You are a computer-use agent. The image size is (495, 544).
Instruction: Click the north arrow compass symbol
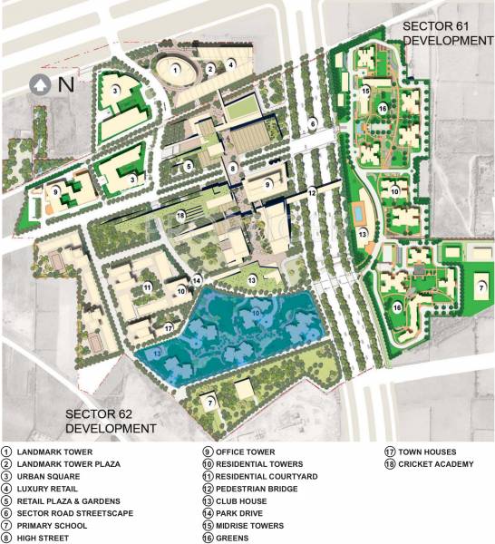[40, 85]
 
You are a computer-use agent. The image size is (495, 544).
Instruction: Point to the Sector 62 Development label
[110, 421]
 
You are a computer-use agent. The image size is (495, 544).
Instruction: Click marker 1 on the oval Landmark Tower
[175, 68]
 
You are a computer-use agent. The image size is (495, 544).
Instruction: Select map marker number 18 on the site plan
[181, 215]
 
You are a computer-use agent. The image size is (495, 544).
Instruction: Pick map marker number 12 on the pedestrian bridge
[312, 192]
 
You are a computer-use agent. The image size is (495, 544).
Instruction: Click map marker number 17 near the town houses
[169, 327]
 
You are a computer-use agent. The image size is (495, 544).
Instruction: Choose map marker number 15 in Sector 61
[365, 92]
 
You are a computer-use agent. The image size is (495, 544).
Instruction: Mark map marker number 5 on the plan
[189, 167]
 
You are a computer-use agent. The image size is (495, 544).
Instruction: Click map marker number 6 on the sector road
[312, 124]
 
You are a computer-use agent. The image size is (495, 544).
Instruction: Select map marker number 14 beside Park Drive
[197, 281]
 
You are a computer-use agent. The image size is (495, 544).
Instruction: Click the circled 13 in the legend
[208, 501]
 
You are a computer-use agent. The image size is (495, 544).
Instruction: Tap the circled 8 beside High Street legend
[6, 539]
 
